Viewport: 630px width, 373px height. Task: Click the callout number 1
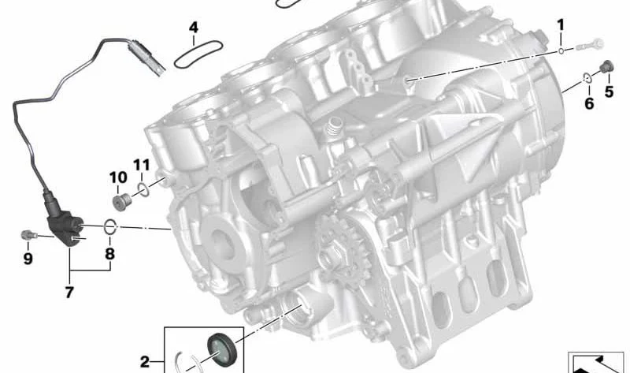pos(561,26)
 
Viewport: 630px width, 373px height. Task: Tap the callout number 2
pos(145,362)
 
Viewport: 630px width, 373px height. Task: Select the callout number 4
pos(194,28)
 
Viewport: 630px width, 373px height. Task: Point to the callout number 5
pos(609,92)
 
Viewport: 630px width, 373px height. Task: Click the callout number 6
pos(589,104)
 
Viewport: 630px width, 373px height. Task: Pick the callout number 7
pos(69,293)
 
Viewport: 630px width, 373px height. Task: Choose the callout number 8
pos(109,254)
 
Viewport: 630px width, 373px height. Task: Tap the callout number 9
pos(28,259)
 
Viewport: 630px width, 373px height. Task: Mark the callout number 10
pos(118,177)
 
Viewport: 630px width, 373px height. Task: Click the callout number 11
pos(142,165)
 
